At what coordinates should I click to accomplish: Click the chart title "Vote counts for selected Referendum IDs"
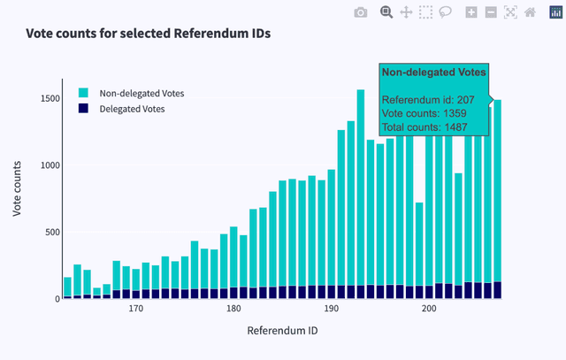pyautogui.click(x=149, y=34)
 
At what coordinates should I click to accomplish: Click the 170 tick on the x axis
pyautogui.click(x=135, y=310)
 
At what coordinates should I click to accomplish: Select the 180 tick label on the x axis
pyautogui.click(x=233, y=310)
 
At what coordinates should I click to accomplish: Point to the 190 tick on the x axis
pyautogui.click(x=331, y=310)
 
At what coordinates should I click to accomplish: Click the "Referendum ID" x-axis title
pyautogui.click(x=282, y=331)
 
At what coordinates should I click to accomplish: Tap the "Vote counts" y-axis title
pyautogui.click(x=18, y=189)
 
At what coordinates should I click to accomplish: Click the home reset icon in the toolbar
pyautogui.click(x=530, y=12)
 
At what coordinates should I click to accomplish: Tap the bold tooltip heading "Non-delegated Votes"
pyautogui.click(x=433, y=72)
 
